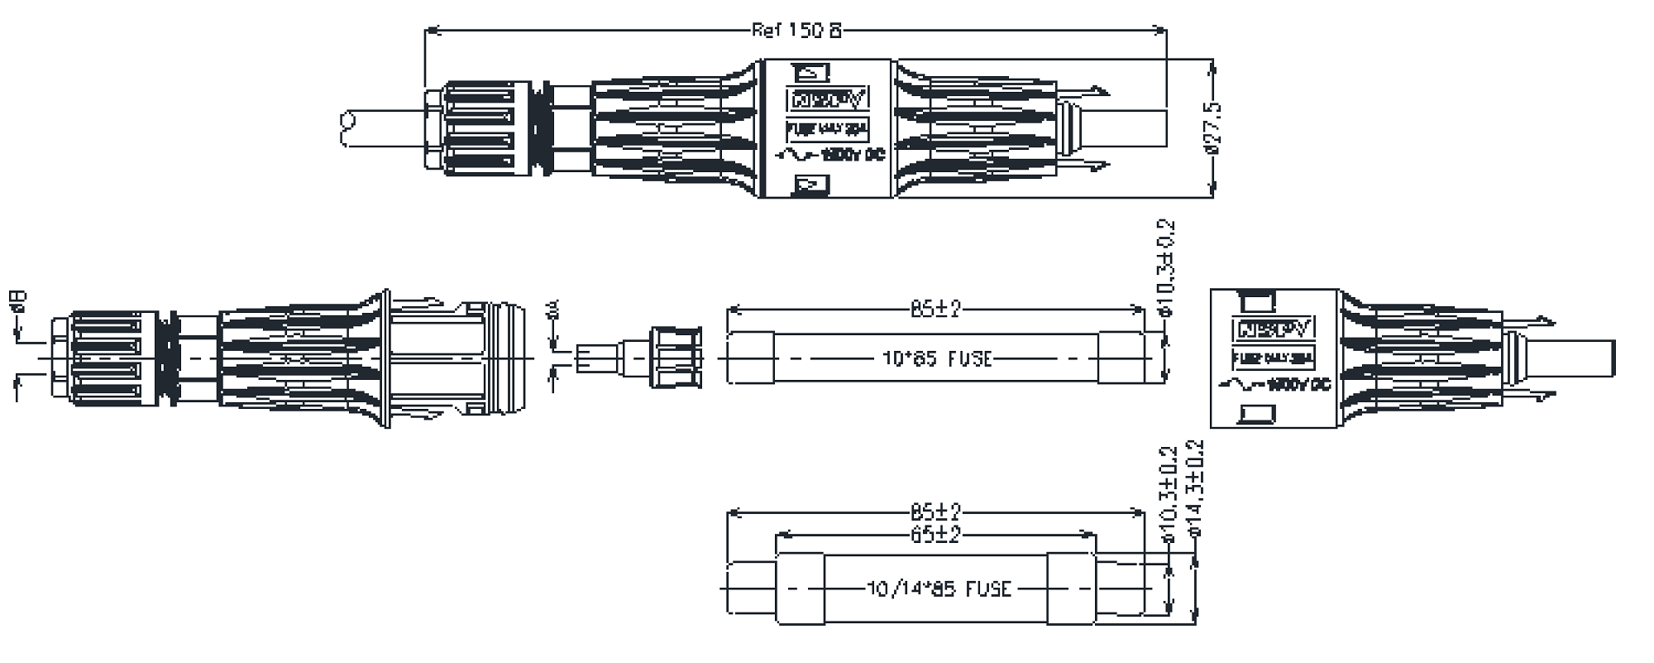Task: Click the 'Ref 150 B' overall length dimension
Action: [x=796, y=31]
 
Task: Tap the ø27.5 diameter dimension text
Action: [x=1212, y=129]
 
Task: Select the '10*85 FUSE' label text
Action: [x=936, y=359]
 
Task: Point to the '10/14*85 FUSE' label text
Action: [x=939, y=589]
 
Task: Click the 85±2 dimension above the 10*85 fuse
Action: [x=935, y=310]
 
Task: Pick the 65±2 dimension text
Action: [x=935, y=535]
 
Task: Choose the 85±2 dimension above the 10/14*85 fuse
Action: [x=935, y=512]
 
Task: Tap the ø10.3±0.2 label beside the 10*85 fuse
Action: [x=1167, y=268]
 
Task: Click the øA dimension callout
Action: [x=554, y=310]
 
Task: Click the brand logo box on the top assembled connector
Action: [x=827, y=100]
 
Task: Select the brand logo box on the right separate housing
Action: [x=1274, y=329]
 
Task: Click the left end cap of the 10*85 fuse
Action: [x=751, y=358]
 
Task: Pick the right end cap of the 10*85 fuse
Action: [x=1121, y=358]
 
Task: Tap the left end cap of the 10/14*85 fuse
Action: [x=799, y=589]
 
